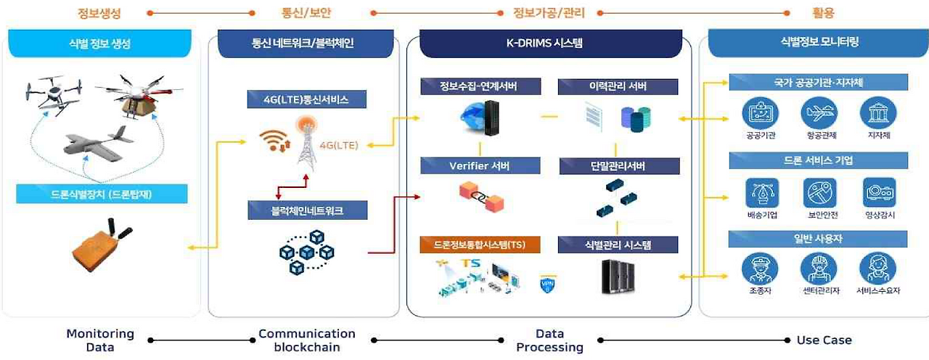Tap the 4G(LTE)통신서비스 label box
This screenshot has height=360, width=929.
307,100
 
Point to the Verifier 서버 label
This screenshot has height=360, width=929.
480,166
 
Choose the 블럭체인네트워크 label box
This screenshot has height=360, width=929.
307,211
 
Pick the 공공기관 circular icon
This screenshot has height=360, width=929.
760,115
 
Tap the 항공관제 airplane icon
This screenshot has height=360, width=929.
819,115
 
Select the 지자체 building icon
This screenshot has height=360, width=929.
877,115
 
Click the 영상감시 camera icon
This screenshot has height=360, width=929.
880,193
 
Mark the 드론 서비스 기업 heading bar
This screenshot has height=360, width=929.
818,160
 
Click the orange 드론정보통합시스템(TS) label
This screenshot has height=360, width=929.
480,245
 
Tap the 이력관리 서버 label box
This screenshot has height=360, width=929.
618,87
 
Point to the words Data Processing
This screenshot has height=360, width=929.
549,340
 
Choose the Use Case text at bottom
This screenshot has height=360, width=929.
824,340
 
